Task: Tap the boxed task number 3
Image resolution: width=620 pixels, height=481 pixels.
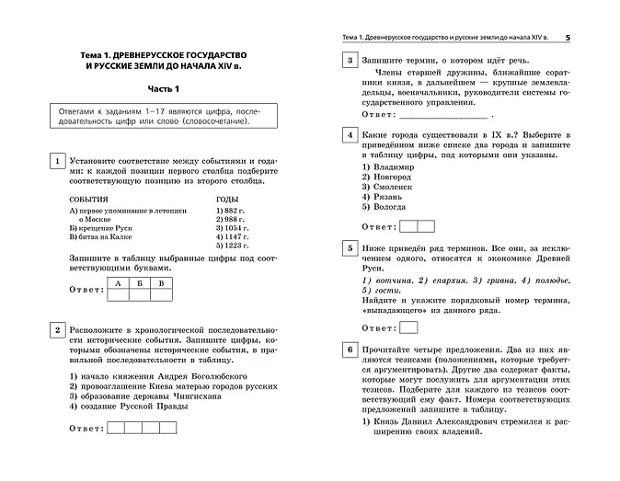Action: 348,62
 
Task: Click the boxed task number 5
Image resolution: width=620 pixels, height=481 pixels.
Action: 348,248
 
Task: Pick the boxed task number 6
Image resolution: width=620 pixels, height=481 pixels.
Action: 348,350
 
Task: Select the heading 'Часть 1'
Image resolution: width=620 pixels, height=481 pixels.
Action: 165,88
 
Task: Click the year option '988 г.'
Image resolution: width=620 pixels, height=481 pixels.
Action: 229,220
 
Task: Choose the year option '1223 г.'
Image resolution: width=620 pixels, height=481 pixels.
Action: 231,246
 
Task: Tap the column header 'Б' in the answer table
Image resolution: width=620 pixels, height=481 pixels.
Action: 139,283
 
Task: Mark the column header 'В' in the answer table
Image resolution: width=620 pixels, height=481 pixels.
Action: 161,283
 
